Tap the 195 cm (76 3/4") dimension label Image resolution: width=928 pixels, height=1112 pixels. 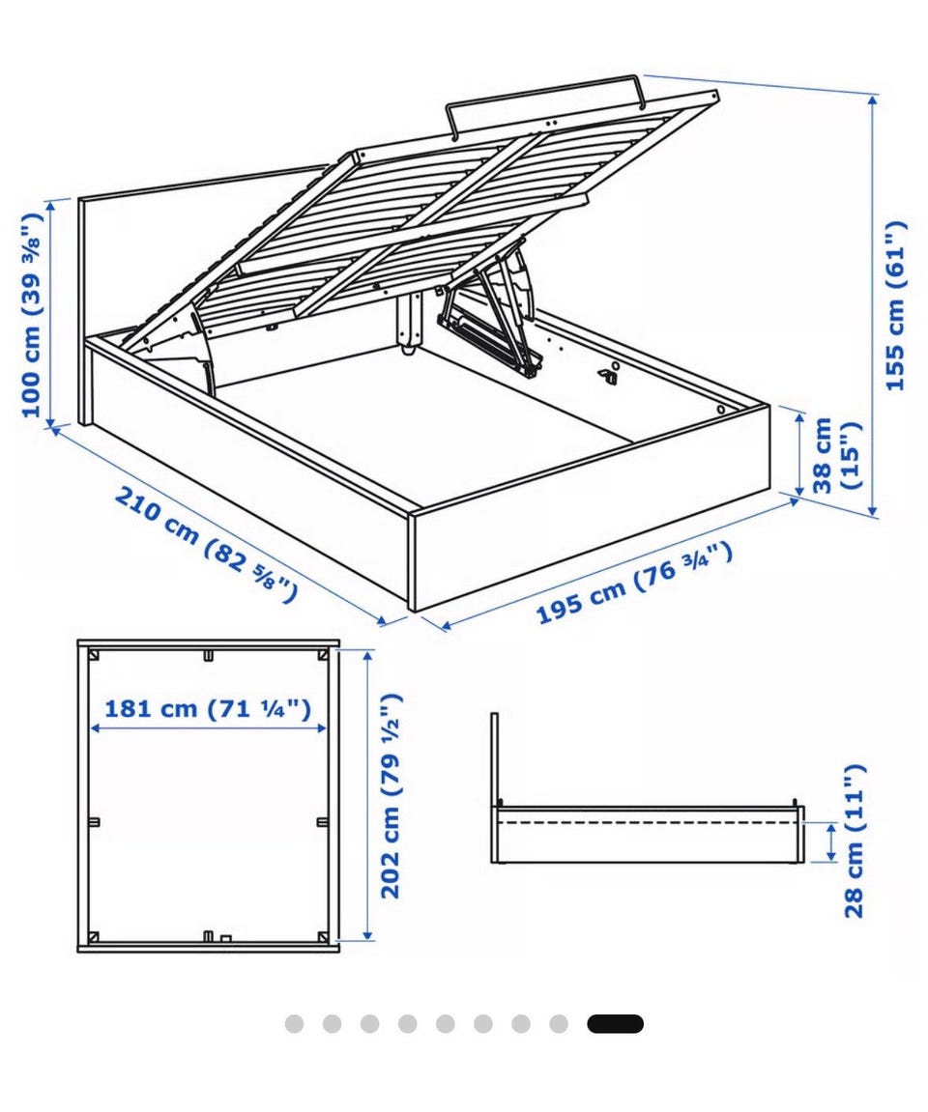coord(633,583)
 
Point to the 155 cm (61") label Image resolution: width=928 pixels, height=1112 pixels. coord(895,305)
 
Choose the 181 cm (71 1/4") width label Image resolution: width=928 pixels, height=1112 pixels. coord(208,708)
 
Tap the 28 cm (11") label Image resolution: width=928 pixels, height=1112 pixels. coord(855,841)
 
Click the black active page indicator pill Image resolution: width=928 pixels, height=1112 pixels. coord(615,1024)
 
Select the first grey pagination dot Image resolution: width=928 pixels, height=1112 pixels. coord(295,1024)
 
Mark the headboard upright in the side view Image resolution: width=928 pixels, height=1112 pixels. coord(495,787)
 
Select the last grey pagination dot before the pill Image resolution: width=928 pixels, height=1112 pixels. coord(559,1024)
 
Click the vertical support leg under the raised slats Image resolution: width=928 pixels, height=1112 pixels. coord(408,324)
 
